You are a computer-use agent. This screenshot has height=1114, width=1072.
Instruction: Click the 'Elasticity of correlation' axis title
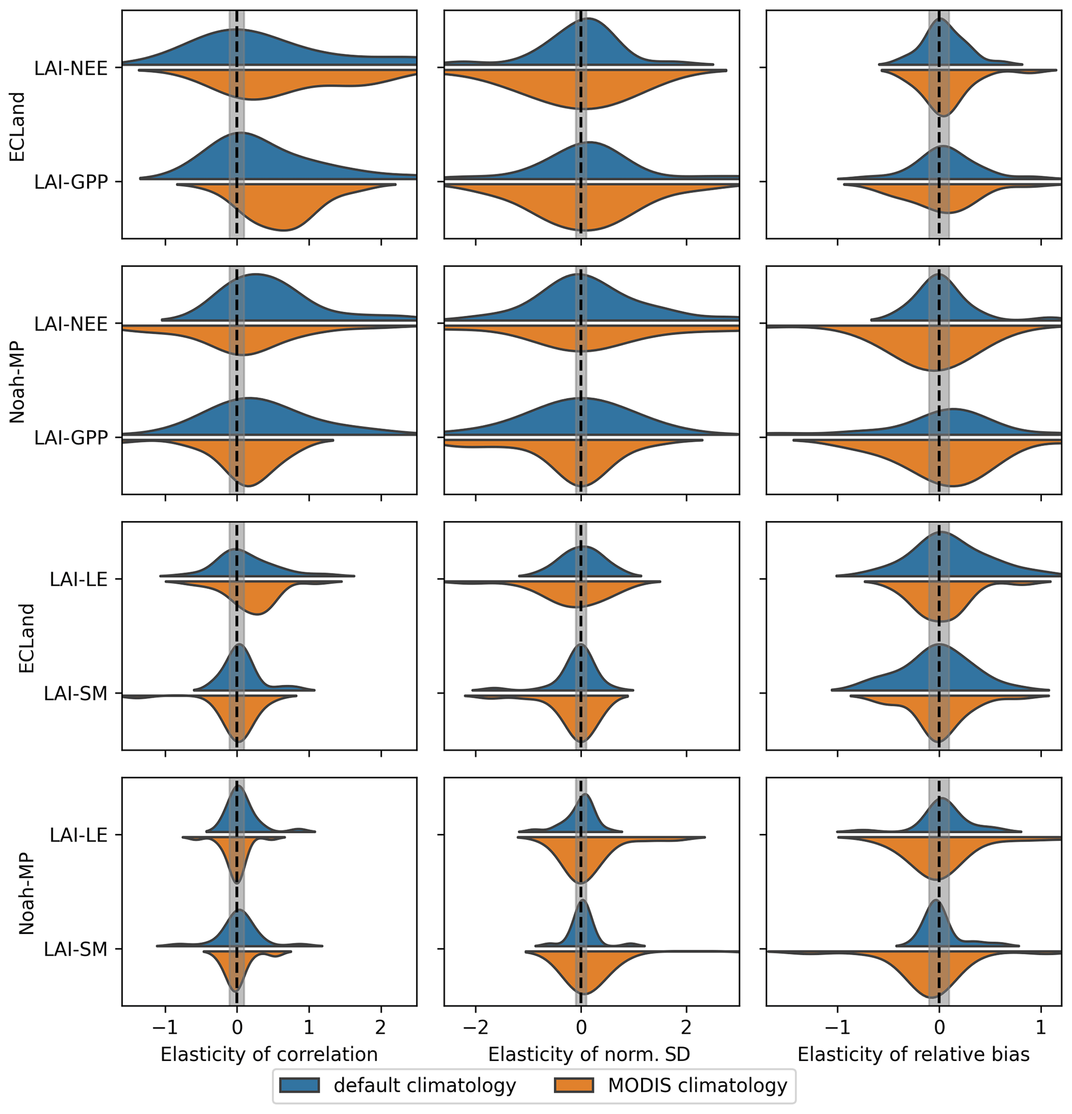(x=269, y=1054)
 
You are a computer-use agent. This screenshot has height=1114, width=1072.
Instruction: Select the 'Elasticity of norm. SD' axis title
(x=589, y=1054)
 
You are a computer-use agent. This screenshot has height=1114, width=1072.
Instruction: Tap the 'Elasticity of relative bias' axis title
(x=913, y=1054)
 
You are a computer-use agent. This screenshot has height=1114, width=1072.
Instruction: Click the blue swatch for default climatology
(x=299, y=1085)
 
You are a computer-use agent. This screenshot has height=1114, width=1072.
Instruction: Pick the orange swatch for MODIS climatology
(x=574, y=1085)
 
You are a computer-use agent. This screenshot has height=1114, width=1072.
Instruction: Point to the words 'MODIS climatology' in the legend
(x=698, y=1085)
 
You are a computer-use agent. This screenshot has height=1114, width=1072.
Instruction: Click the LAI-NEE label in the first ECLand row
(x=71, y=68)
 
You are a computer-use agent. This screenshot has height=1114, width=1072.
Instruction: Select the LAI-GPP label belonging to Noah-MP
(x=71, y=437)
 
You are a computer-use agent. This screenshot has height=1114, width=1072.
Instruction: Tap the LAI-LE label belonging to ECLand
(x=78, y=579)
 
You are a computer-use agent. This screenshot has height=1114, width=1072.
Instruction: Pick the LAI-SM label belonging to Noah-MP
(x=76, y=949)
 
